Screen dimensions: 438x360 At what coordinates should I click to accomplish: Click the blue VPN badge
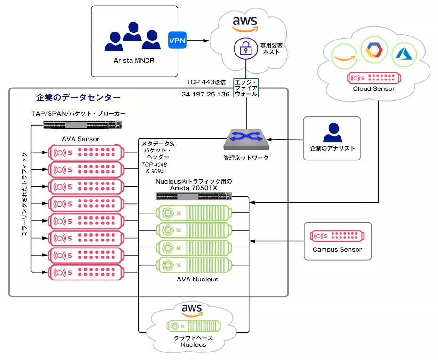point(177,40)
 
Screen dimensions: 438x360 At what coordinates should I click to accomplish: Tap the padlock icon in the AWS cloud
point(246,48)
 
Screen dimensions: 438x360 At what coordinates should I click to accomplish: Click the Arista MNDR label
point(134,61)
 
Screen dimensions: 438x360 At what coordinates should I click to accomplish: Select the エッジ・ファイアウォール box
point(246,88)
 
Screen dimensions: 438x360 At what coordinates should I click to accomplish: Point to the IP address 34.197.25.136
point(205,94)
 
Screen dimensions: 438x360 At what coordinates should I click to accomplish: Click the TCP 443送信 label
point(206,82)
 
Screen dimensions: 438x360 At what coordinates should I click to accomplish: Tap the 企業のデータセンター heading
point(78,97)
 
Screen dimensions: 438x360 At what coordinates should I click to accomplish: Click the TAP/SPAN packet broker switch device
point(83,125)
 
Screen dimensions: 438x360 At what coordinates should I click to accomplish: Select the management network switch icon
point(246,139)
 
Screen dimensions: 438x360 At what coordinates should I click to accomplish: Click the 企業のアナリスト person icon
point(333,132)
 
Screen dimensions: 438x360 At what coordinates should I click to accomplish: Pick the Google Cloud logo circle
point(374,50)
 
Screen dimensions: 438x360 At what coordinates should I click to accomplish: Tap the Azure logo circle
point(404,55)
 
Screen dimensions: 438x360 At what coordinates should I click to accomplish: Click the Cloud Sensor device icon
point(374,78)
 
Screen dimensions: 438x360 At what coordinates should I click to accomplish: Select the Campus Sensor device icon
point(337,236)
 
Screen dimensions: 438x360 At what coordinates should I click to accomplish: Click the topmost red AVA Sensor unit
point(86,152)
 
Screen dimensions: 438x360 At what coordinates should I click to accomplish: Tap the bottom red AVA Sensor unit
point(86,272)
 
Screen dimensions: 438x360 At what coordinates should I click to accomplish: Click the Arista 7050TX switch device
point(194,196)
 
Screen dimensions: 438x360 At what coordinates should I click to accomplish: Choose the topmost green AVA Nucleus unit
point(194,213)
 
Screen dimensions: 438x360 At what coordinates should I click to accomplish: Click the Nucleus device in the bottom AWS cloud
point(194,326)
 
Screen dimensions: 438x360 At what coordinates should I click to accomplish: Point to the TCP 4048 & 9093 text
point(154,168)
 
